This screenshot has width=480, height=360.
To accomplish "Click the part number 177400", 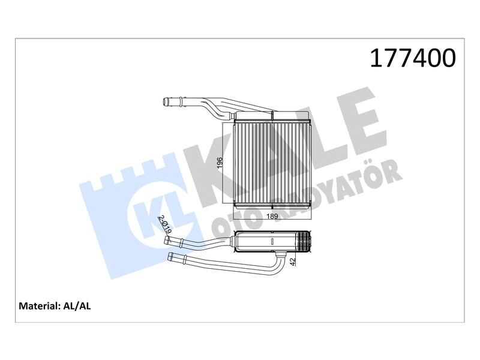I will click(413, 59).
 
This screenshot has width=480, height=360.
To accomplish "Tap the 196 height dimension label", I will click(220, 163).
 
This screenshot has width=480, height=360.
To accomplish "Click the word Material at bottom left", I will click(39, 306).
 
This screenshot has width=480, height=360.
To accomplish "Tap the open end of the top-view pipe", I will click(166, 102).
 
